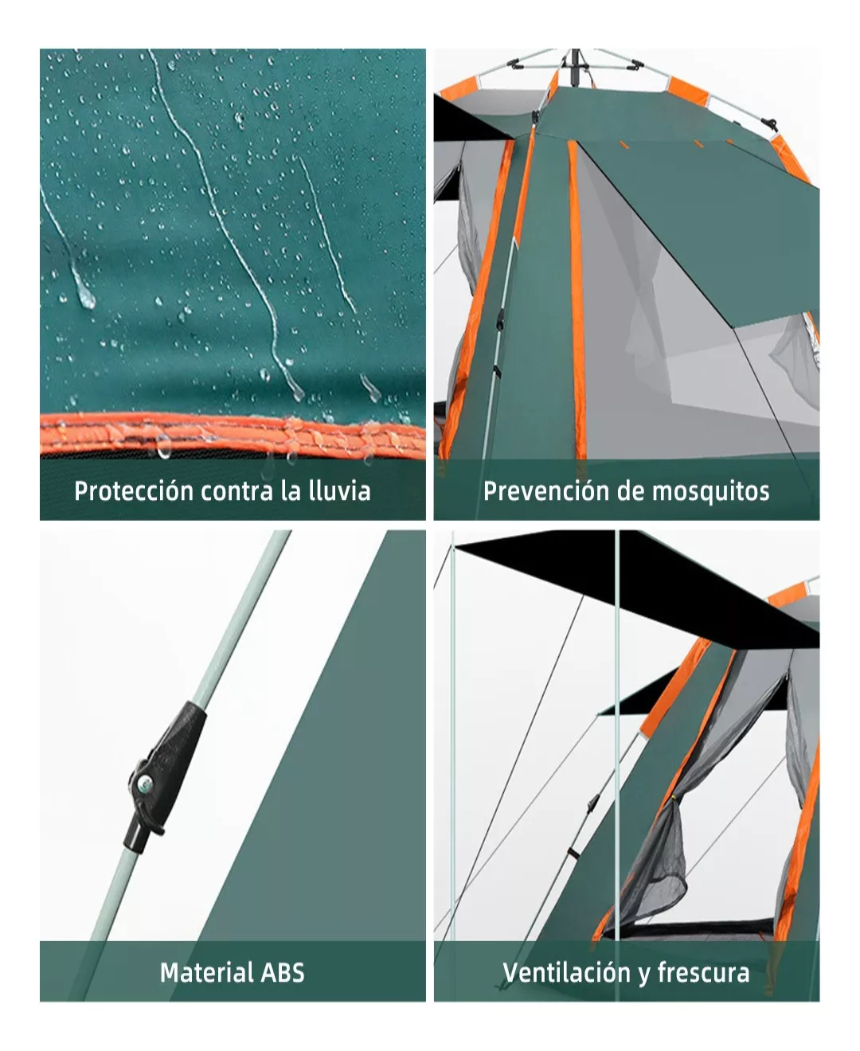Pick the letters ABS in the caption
point(284,972)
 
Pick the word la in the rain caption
point(291,490)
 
